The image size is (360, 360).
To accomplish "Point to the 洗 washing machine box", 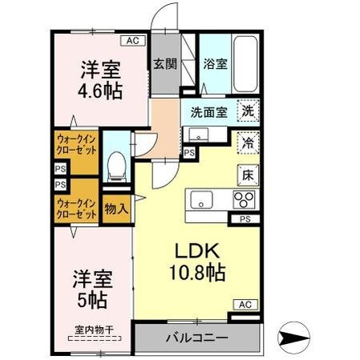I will click(x=249, y=113).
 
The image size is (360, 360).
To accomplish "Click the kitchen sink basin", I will click(x=201, y=199).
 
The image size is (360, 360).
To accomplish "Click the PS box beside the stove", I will click(x=245, y=218).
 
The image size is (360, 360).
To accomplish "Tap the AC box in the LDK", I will click(x=245, y=305).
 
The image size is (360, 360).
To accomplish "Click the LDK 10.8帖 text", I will click(x=196, y=258).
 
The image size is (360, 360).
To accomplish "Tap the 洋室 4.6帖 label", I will click(x=100, y=79).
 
